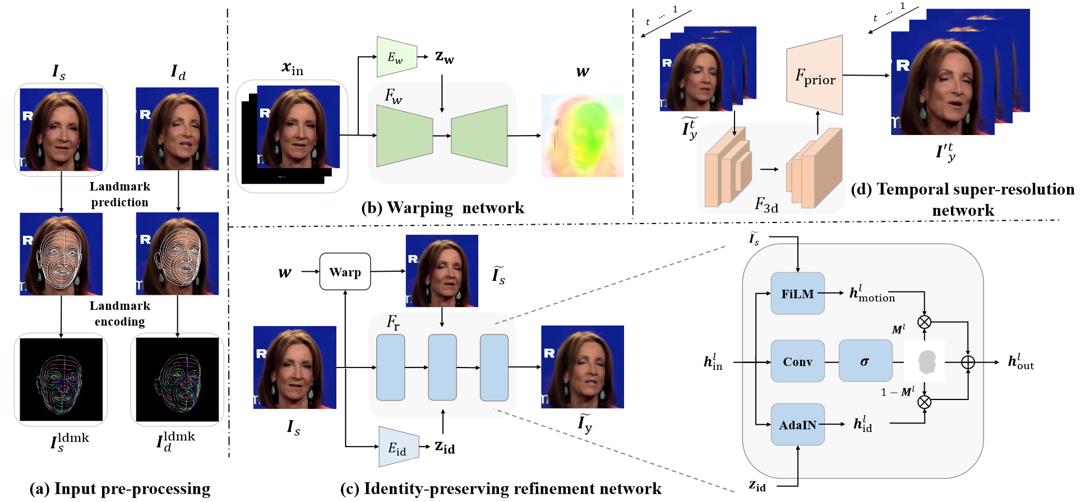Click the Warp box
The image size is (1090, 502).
(345, 272)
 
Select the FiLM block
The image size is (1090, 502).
(797, 294)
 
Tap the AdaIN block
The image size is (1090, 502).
(797, 425)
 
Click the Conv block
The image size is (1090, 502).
(797, 361)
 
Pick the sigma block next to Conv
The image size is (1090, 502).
(865, 361)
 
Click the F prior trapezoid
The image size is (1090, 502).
(815, 76)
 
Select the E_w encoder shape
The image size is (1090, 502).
(396, 57)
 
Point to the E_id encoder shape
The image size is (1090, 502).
(399, 447)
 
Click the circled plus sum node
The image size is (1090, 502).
(968, 362)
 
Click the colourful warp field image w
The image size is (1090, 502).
(583, 136)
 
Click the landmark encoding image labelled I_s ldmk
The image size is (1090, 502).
(61, 379)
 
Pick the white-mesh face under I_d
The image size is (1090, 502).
(177, 254)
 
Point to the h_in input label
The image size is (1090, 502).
(713, 362)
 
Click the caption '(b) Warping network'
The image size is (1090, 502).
(442, 208)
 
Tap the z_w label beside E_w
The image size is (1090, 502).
(445, 57)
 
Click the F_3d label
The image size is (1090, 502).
(766, 205)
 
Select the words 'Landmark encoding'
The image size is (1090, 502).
(120, 314)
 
